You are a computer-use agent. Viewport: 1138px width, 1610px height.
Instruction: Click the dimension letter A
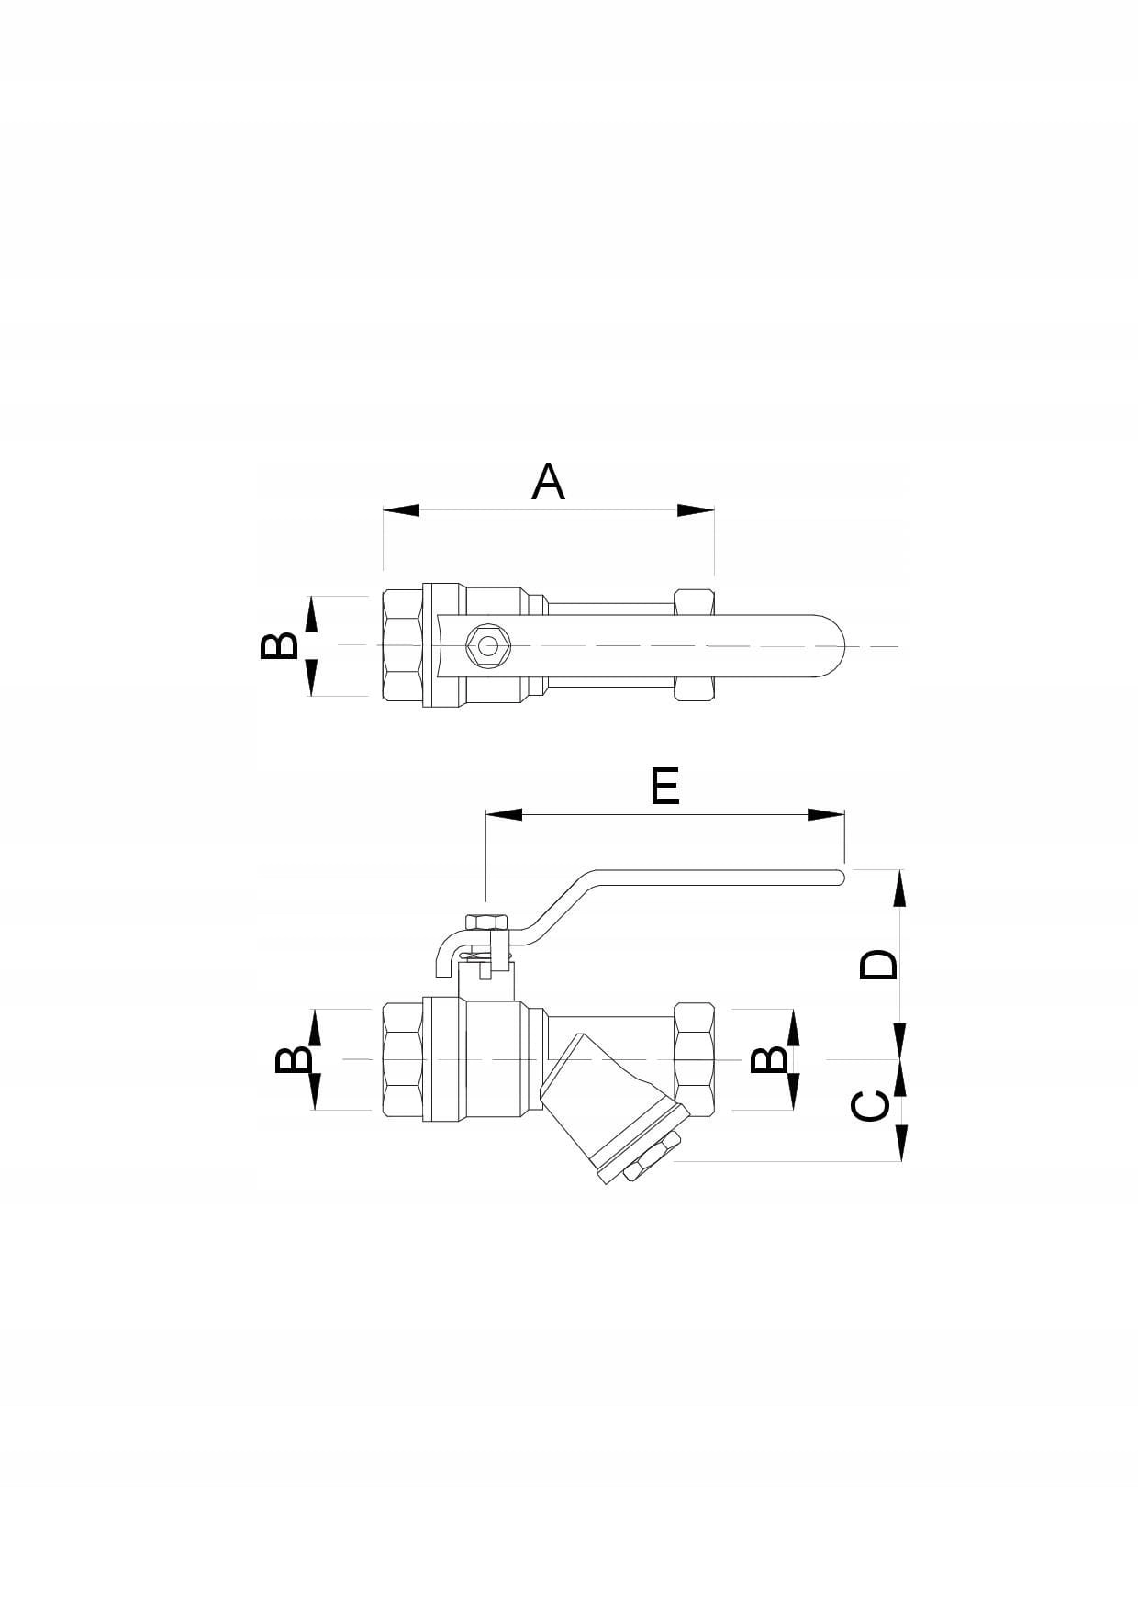pyautogui.click(x=548, y=482)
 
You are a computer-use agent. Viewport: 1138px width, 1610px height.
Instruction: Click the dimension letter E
pyautogui.click(x=664, y=787)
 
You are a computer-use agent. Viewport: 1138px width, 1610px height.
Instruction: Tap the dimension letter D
pyautogui.click(x=878, y=965)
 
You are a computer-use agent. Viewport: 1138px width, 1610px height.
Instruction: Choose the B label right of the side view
pyautogui.click(x=769, y=1060)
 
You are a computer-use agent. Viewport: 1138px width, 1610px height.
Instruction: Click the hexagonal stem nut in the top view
pyautogui.click(x=485, y=646)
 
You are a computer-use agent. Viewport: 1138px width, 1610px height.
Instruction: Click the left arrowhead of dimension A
pyautogui.click(x=401, y=510)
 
